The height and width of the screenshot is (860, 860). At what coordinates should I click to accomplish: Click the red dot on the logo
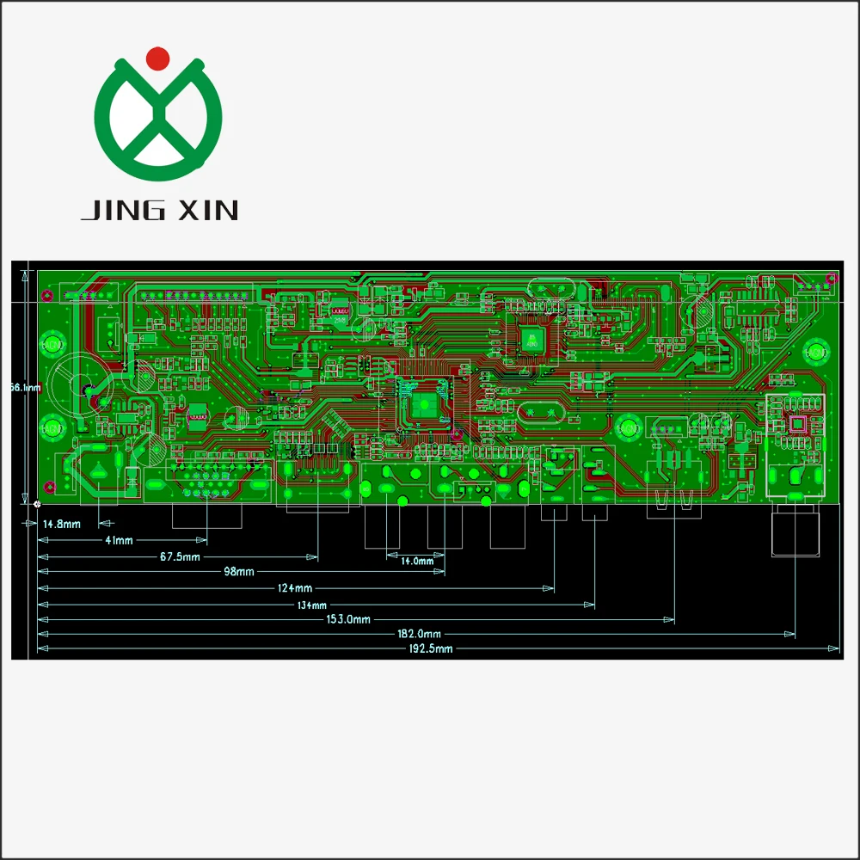[158, 58]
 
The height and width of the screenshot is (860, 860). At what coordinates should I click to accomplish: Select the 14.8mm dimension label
[62, 524]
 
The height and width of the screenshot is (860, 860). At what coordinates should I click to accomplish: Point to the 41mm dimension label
[119, 540]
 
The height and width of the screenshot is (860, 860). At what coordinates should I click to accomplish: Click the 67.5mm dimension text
[180, 557]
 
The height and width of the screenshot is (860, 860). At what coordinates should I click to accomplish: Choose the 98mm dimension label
[239, 572]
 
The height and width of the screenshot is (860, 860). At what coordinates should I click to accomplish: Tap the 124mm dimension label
[295, 588]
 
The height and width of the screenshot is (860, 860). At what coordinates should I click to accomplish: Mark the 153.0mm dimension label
[347, 619]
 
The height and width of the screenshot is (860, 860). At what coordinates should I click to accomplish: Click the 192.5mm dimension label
[431, 649]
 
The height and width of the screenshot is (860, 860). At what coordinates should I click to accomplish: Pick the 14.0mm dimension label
[418, 561]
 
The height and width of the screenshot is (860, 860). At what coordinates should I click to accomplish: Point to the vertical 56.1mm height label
[25, 388]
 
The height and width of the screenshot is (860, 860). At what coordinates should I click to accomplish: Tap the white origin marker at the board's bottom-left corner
[37, 503]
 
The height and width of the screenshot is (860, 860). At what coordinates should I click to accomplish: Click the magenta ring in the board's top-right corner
[831, 278]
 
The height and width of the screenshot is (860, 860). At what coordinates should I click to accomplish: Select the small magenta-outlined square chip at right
[796, 423]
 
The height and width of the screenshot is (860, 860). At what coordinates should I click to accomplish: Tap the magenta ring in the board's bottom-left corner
[50, 488]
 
